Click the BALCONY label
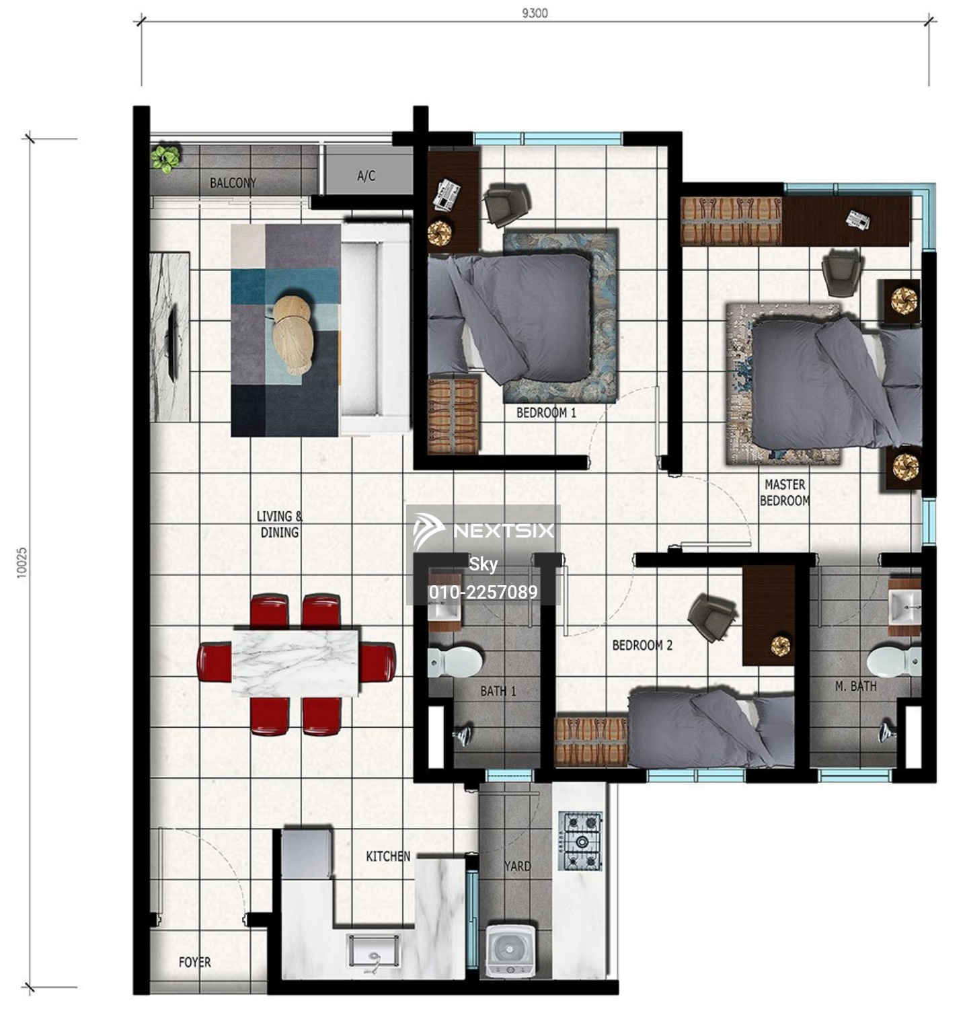click(x=233, y=182)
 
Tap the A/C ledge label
click(x=366, y=176)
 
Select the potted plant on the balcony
click(x=165, y=159)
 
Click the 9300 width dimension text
click(x=535, y=12)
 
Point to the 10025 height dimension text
click(x=22, y=562)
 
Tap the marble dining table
click(x=296, y=662)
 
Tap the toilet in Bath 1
click(x=455, y=662)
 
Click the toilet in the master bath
click(x=894, y=662)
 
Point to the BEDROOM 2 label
click(x=642, y=645)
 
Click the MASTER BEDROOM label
click(x=785, y=492)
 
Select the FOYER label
click(x=195, y=963)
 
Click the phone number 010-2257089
click(x=483, y=592)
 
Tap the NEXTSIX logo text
click(x=504, y=531)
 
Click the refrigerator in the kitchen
click(x=307, y=853)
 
